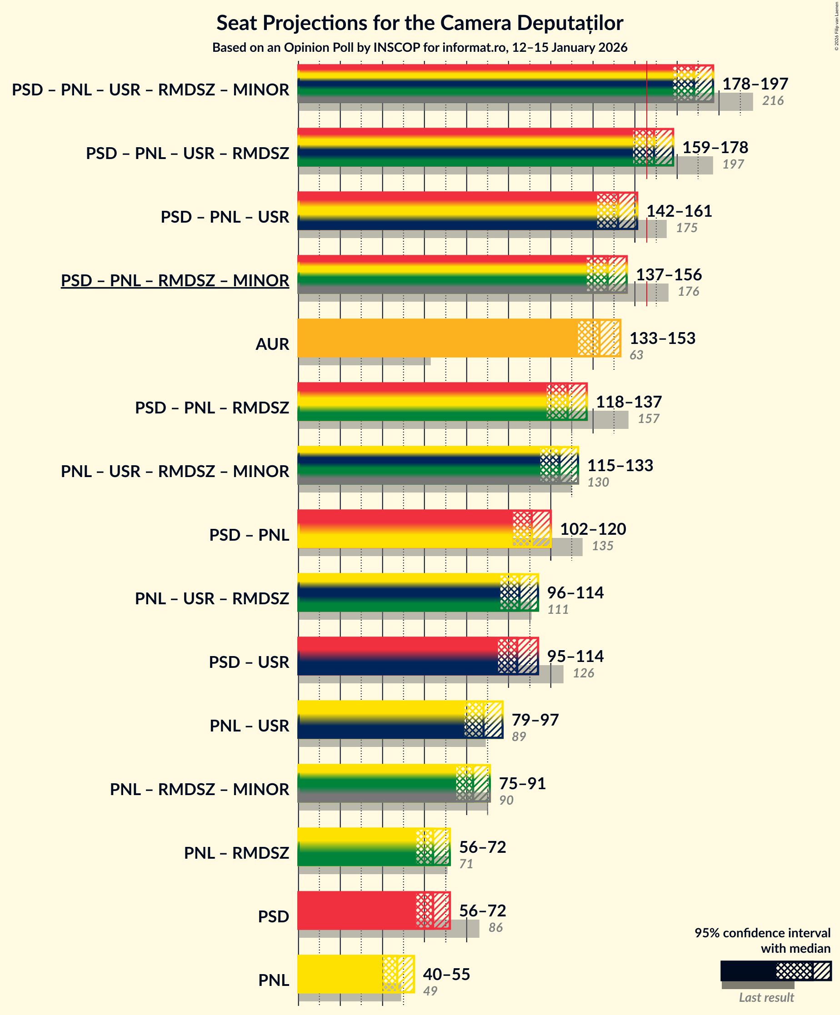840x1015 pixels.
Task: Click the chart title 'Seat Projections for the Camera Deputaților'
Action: [420, 23]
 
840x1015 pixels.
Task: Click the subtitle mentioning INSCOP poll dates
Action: [420, 47]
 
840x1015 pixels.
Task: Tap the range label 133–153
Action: [662, 338]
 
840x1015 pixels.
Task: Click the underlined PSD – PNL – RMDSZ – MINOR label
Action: [175, 280]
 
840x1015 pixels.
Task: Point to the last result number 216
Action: [773, 100]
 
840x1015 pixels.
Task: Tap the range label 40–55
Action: [446, 974]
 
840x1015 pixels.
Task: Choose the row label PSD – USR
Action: [249, 662]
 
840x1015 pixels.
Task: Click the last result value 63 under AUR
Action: [636, 355]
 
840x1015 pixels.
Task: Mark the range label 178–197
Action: [755, 84]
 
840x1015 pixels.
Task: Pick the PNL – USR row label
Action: [249, 726]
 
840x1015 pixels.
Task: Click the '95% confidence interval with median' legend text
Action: [762, 940]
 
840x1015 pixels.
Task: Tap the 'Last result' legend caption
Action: [766, 997]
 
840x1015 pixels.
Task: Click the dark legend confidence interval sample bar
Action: [748, 970]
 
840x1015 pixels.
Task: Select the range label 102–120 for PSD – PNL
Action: [592, 529]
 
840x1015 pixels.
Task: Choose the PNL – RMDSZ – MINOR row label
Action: [199, 789]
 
